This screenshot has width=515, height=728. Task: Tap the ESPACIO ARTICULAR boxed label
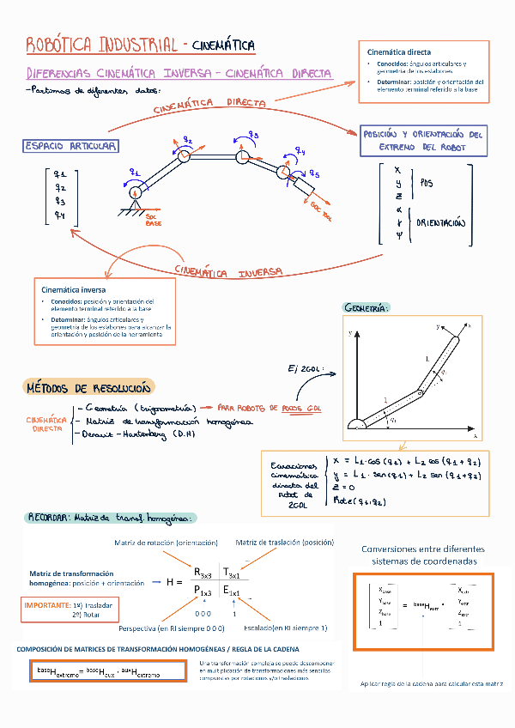click(x=70, y=146)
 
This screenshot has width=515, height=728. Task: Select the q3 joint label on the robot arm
click(x=254, y=134)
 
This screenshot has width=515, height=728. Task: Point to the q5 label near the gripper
click(x=314, y=174)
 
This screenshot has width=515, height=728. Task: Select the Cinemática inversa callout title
click(x=71, y=290)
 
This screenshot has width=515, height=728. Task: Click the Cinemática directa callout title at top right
click(x=399, y=52)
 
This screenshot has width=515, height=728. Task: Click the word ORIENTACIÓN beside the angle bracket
click(x=441, y=222)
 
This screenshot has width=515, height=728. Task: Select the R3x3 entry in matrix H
click(x=203, y=573)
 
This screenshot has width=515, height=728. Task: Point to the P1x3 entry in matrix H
click(x=203, y=591)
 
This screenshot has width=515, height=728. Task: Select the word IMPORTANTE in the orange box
click(x=48, y=605)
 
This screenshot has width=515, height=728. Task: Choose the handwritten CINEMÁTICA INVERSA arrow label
click(x=228, y=271)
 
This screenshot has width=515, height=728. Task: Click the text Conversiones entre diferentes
click(x=422, y=549)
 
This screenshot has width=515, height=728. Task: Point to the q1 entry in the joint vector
click(x=59, y=172)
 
